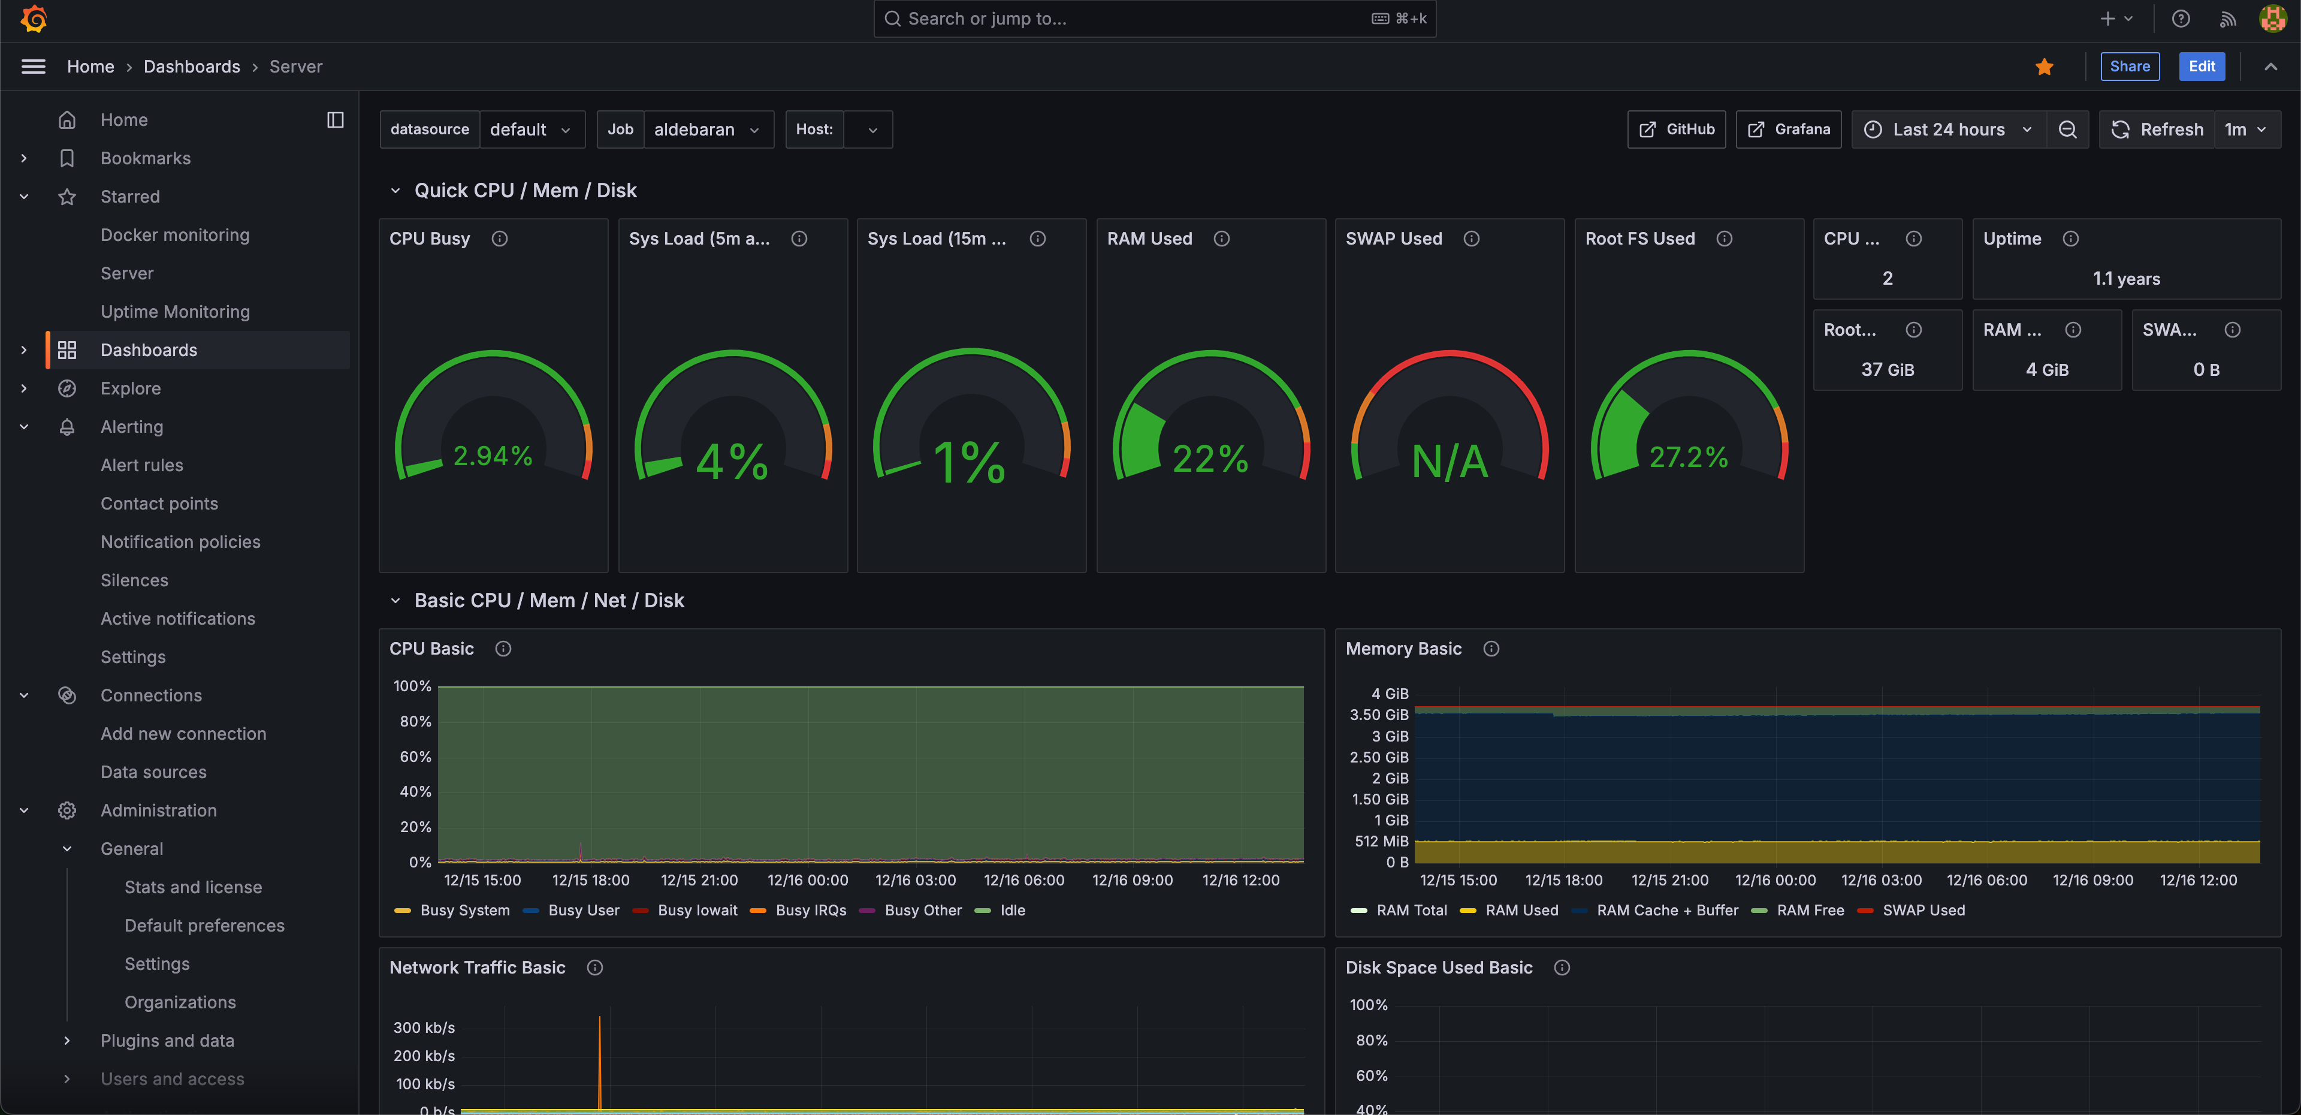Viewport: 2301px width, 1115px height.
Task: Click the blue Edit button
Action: click(2201, 66)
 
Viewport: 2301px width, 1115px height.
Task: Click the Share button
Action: click(2130, 66)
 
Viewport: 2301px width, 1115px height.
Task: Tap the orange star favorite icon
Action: click(2044, 67)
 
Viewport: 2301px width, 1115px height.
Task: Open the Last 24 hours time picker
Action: click(1948, 129)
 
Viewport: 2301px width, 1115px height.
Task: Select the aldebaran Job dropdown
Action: click(706, 129)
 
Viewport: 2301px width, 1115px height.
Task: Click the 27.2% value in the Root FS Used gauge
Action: click(1688, 457)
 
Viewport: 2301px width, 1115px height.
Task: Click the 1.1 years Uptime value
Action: click(2126, 279)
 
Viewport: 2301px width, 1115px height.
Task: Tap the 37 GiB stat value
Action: click(1888, 369)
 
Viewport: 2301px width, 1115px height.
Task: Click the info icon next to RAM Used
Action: click(1221, 239)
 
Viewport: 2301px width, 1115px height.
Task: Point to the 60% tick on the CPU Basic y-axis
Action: click(415, 756)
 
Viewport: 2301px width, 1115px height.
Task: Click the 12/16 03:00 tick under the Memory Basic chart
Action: click(1881, 880)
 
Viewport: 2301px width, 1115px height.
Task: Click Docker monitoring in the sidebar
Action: click(175, 235)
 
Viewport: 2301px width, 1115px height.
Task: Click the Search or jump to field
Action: click(1134, 19)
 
